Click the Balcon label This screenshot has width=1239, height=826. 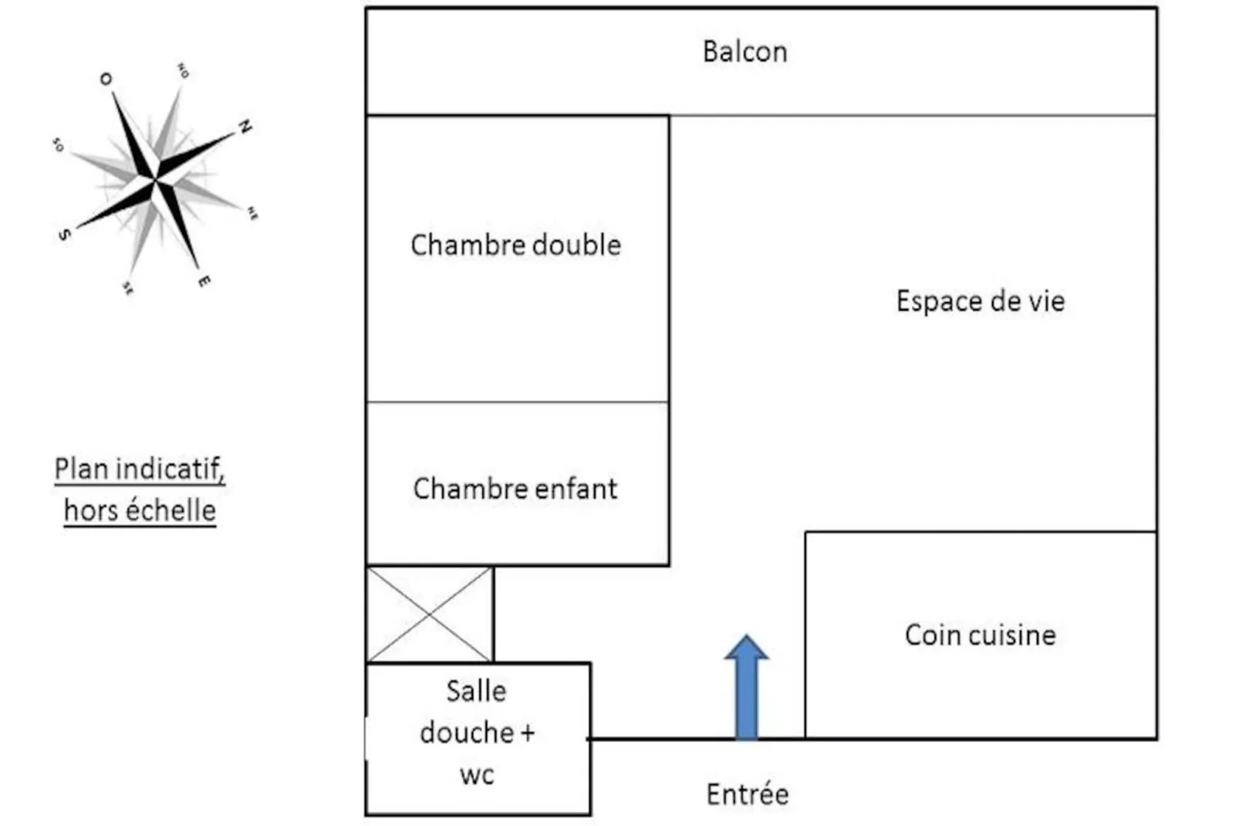744,52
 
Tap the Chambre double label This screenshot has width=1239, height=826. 515,245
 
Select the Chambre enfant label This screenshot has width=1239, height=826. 515,489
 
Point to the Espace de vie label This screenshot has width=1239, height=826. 980,301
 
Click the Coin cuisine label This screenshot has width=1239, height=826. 980,635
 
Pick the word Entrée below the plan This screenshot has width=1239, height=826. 747,794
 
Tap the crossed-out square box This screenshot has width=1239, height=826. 429,614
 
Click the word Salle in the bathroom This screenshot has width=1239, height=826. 476,691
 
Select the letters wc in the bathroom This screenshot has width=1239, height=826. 476,774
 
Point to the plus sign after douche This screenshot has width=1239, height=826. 527,732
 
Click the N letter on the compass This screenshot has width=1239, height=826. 245,127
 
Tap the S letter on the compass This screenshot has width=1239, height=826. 64,234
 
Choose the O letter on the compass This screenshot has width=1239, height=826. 106,79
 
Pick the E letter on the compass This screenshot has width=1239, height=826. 204,281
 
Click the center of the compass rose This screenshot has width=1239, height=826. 156,180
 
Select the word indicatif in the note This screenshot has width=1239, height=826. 170,469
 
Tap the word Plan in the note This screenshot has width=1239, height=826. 81,469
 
